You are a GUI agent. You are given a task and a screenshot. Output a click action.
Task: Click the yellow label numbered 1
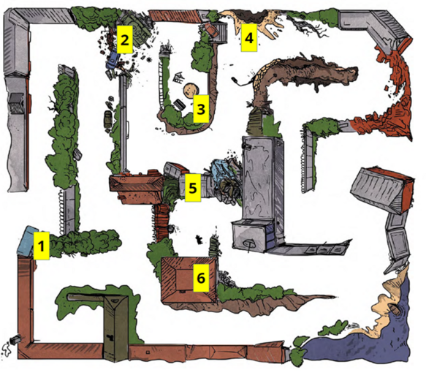[42, 246]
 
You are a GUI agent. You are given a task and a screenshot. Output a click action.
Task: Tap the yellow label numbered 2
[125, 39]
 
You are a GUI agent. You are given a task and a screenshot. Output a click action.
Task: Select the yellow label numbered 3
[201, 109]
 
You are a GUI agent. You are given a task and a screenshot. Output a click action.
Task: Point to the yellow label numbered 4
[249, 37]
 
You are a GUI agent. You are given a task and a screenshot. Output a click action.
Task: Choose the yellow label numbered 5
[193, 188]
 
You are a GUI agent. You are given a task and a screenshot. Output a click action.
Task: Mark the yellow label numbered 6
[201, 278]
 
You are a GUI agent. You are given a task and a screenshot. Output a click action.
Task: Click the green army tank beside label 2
[137, 30]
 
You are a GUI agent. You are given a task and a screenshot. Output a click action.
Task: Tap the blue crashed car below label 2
[113, 61]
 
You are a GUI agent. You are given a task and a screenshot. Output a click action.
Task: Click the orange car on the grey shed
[211, 29]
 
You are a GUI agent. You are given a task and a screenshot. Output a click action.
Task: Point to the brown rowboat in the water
[394, 309]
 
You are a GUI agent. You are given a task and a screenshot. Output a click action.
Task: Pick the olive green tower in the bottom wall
[116, 328]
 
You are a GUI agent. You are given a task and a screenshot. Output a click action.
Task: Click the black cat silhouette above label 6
[199, 239]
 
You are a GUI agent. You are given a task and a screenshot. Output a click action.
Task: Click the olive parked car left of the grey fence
[107, 120]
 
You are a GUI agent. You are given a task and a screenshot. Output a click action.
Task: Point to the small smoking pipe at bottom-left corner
[15, 339]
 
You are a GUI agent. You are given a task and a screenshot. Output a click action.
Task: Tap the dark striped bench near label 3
[179, 104]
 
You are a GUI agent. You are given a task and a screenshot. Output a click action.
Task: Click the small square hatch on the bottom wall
[148, 352]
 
